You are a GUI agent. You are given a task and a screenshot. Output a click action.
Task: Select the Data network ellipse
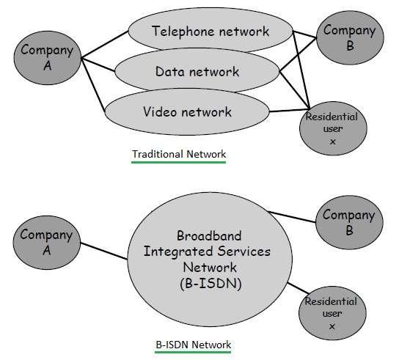(197, 72)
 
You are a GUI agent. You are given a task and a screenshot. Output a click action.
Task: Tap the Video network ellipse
(188, 112)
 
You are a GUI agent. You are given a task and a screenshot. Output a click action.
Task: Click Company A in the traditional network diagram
(47, 58)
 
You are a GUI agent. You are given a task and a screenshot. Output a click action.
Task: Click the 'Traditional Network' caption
(178, 155)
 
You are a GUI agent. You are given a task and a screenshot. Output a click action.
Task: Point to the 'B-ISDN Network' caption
(193, 345)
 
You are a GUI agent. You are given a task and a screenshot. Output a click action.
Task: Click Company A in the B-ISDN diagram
(47, 243)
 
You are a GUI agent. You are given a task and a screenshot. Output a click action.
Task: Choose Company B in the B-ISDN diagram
(349, 223)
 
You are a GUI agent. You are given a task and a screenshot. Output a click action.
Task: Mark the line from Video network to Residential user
(286, 112)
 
